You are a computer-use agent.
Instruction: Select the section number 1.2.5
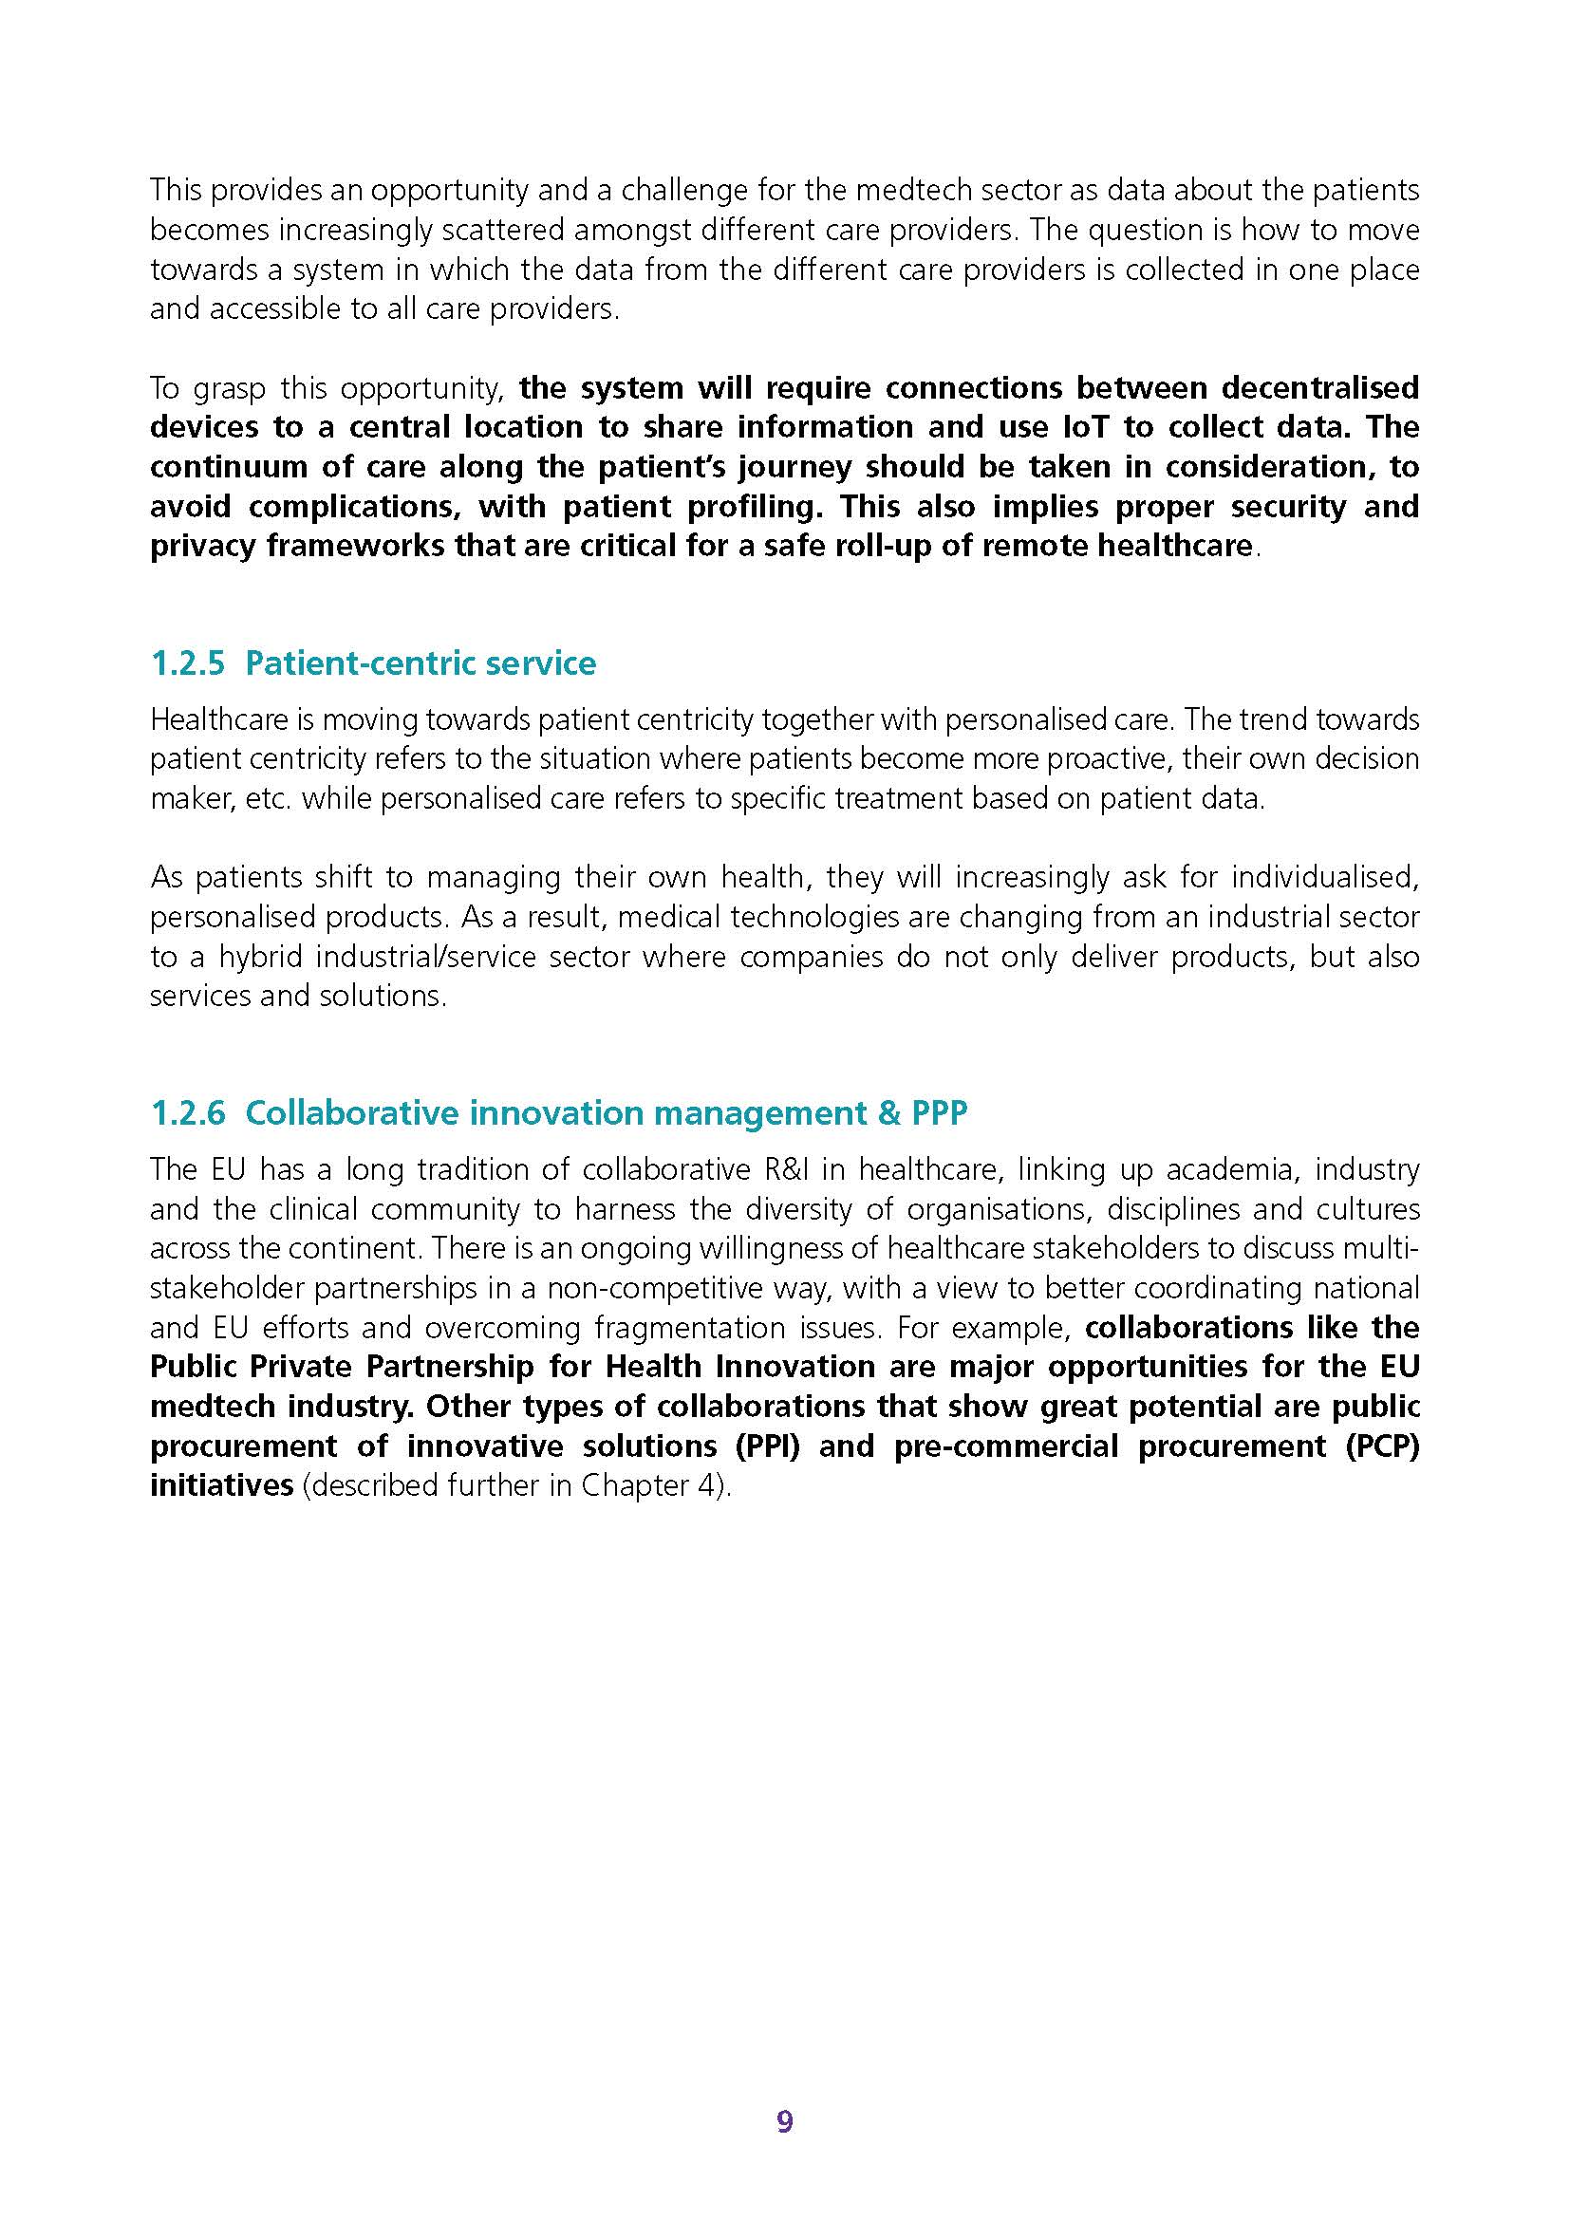[x=188, y=663]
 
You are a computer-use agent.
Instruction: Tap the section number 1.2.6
[x=188, y=1113]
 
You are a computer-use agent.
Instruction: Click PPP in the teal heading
[x=939, y=1113]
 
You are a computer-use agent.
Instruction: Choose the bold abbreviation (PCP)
[x=1381, y=1446]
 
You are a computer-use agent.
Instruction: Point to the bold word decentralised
[x=1319, y=388]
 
